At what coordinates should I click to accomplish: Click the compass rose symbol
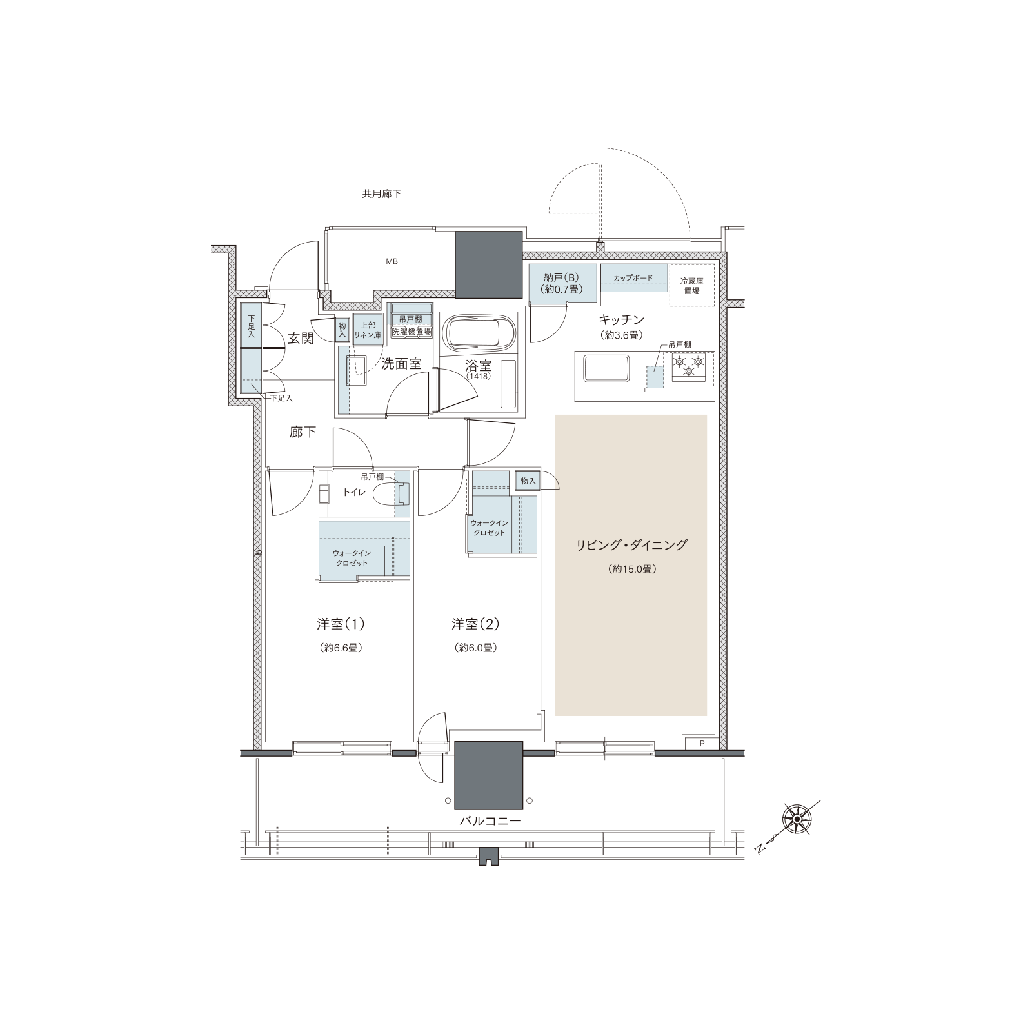pyautogui.click(x=797, y=819)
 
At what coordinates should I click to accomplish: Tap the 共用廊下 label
pyautogui.click(x=382, y=193)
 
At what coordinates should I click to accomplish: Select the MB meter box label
pyautogui.click(x=392, y=262)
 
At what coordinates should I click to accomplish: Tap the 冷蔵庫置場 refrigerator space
pyautogui.click(x=692, y=285)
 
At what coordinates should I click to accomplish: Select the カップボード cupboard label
pyautogui.click(x=633, y=278)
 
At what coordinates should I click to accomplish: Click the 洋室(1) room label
pyautogui.click(x=341, y=624)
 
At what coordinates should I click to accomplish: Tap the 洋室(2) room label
pyautogui.click(x=475, y=624)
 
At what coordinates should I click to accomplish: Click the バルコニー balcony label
pyautogui.click(x=490, y=822)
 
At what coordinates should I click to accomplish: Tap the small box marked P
pyautogui.click(x=702, y=743)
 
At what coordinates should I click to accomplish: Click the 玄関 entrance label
pyautogui.click(x=301, y=339)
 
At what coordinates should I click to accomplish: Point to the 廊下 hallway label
pyautogui.click(x=303, y=432)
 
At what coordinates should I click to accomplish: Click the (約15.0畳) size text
pyautogui.click(x=631, y=570)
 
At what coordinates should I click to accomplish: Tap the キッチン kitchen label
pyautogui.click(x=622, y=319)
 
